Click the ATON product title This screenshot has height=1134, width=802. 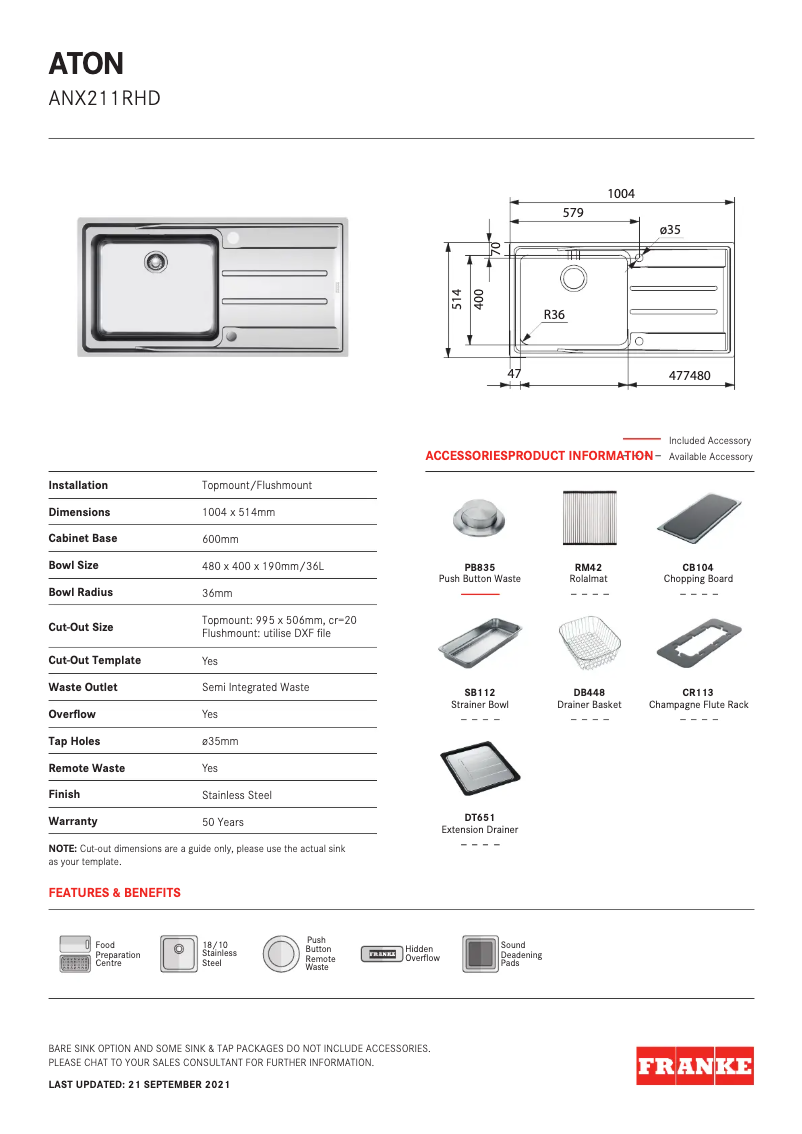pos(86,64)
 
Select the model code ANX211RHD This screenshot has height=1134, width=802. pos(104,99)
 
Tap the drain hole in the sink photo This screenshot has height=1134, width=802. pos(156,261)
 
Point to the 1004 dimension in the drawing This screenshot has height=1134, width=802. pos(621,194)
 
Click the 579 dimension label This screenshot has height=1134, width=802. pos(573,213)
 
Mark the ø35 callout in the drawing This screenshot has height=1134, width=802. pos(669,230)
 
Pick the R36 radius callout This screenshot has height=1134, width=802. pos(554,315)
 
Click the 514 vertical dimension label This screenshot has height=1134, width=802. pos(457,299)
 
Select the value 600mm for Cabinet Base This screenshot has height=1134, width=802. pos(220,539)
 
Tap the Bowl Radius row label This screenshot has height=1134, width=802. pos(80,592)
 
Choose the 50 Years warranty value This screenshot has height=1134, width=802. pos(222,822)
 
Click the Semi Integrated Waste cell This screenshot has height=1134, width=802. pos(255,687)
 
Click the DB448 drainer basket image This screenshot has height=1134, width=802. pos(588,643)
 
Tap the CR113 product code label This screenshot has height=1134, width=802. pos(697,692)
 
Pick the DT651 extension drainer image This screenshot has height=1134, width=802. pos(480,767)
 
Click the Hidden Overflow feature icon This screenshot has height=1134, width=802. pos(380,954)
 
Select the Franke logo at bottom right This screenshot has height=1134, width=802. pos(694,1066)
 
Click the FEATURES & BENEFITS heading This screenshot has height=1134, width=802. pos(114,892)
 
